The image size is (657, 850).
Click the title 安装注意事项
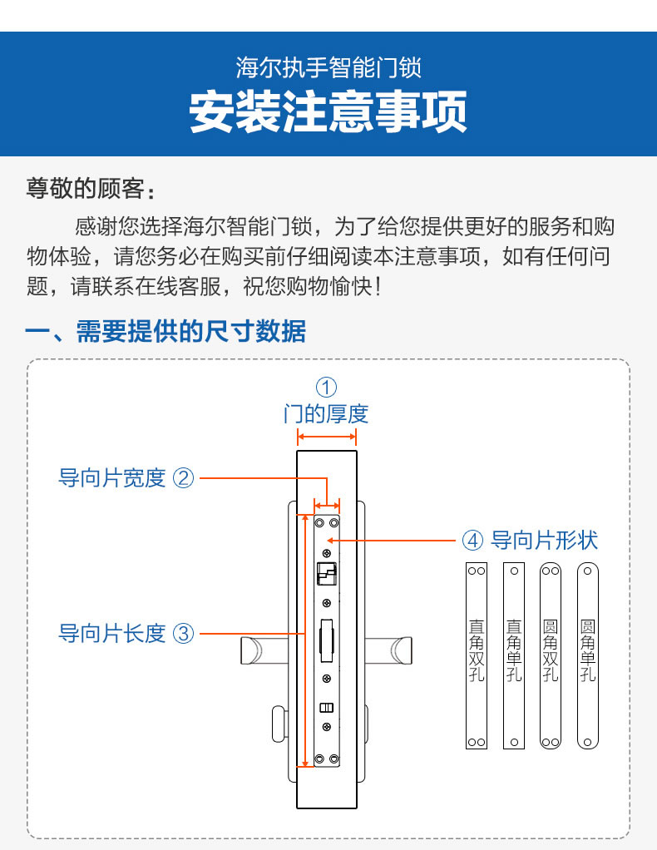click(x=328, y=112)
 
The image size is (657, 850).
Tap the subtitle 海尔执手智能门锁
click(x=328, y=67)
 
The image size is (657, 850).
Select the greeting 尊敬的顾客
click(x=90, y=189)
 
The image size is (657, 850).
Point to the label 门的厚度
click(x=326, y=413)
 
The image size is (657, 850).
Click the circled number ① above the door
click(x=326, y=387)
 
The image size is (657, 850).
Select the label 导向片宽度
click(x=112, y=478)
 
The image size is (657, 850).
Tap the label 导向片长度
click(x=112, y=633)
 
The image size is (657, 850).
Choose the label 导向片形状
click(x=545, y=541)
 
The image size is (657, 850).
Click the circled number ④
click(x=472, y=541)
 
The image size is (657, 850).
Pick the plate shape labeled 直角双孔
click(x=477, y=655)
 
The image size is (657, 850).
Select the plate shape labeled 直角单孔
click(x=514, y=655)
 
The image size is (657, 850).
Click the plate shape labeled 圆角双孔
click(x=551, y=655)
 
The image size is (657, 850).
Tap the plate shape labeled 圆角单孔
click(x=588, y=655)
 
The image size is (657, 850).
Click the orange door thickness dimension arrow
click(x=327, y=437)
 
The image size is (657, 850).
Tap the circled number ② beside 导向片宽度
click(x=183, y=478)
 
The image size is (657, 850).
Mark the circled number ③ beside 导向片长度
click(x=183, y=633)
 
